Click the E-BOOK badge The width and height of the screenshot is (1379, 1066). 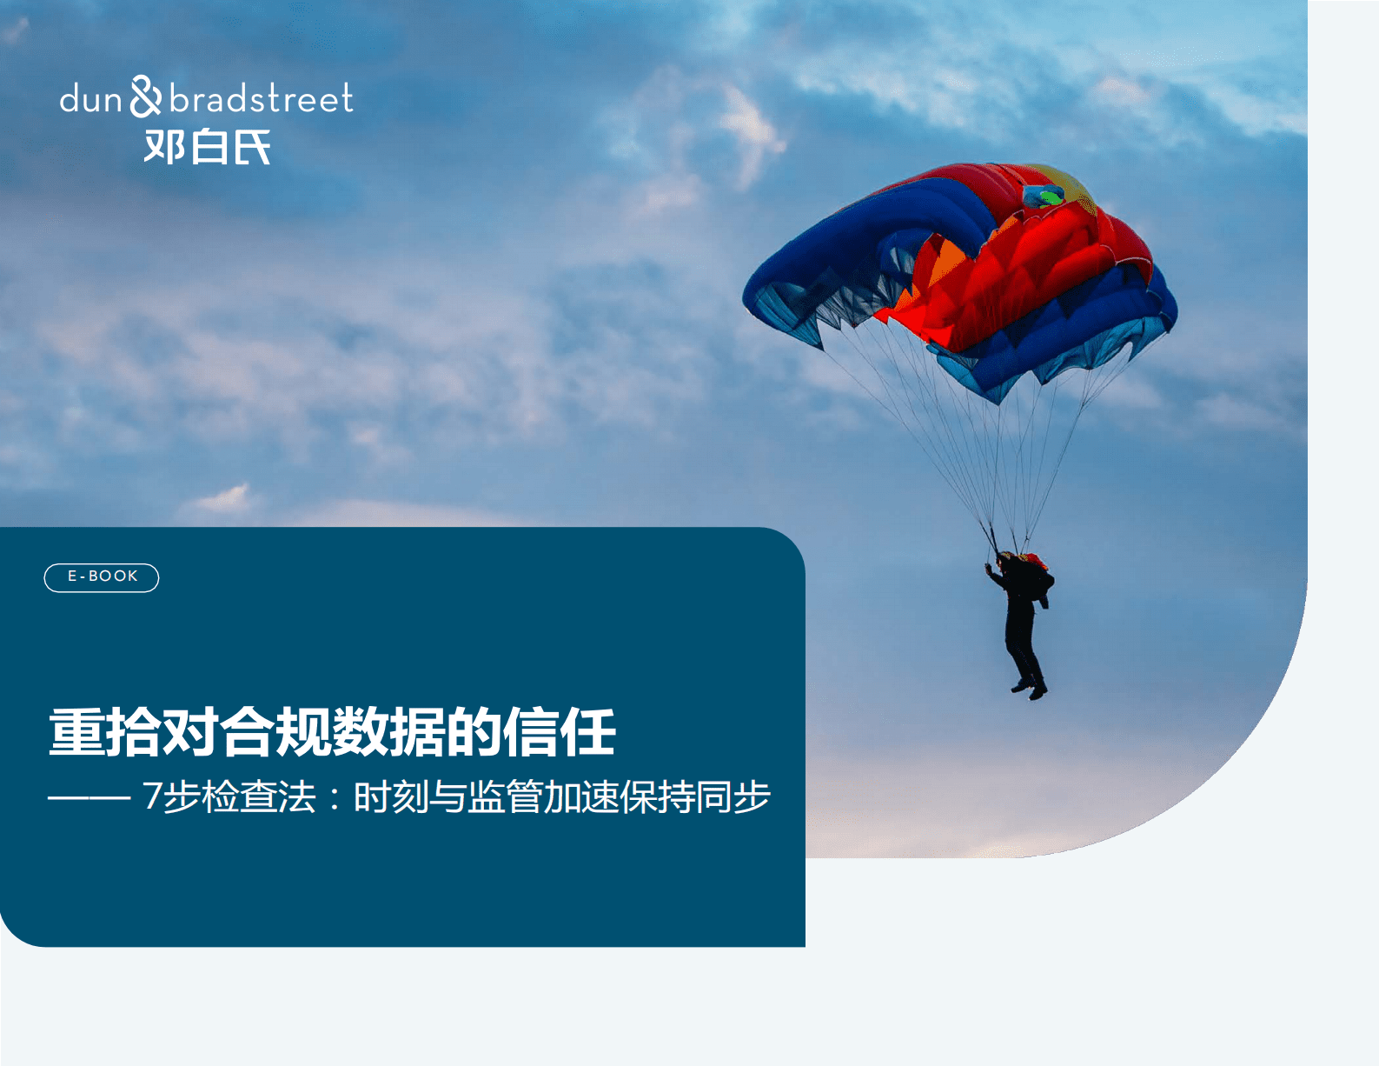pyautogui.click(x=102, y=577)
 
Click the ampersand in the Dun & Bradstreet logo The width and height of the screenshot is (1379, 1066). pyautogui.click(x=146, y=97)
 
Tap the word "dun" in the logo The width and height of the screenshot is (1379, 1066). pyautogui.click(x=90, y=100)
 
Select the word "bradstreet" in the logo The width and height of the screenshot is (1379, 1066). pyautogui.click(x=262, y=98)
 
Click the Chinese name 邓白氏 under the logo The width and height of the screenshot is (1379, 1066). pyautogui.click(x=208, y=147)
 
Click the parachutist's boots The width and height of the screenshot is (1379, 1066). pyautogui.click(x=1030, y=689)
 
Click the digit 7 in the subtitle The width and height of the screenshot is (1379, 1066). pyautogui.click(x=152, y=796)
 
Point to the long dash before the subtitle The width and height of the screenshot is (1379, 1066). pyautogui.click(x=89, y=796)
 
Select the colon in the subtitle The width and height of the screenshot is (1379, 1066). pyautogui.click(x=335, y=798)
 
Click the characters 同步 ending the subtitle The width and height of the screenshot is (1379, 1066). pyautogui.click(x=733, y=796)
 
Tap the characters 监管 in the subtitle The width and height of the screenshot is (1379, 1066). pyautogui.click(x=506, y=796)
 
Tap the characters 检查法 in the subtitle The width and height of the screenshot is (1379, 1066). pyautogui.click(x=259, y=796)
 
